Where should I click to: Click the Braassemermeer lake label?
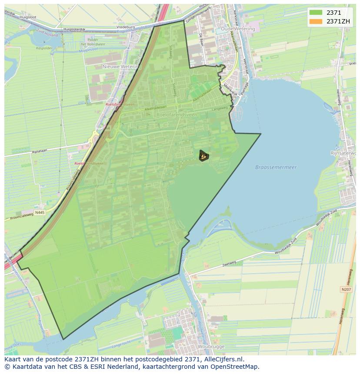click(x=276, y=167)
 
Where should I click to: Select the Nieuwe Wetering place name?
click(x=122, y=67)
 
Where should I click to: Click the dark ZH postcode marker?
click(x=203, y=156)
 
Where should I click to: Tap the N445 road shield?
click(x=40, y=212)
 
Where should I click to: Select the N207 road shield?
click(x=346, y=289)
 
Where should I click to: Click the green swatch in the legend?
click(x=316, y=13)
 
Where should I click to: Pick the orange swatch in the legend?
click(x=316, y=21)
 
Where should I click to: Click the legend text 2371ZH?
click(x=338, y=21)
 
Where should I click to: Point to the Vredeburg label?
click(x=125, y=27)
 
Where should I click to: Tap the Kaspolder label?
click(x=44, y=48)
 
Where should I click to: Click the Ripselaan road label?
click(x=40, y=152)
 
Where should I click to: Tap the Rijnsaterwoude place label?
click(x=343, y=153)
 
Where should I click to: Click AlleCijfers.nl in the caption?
click(x=224, y=360)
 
